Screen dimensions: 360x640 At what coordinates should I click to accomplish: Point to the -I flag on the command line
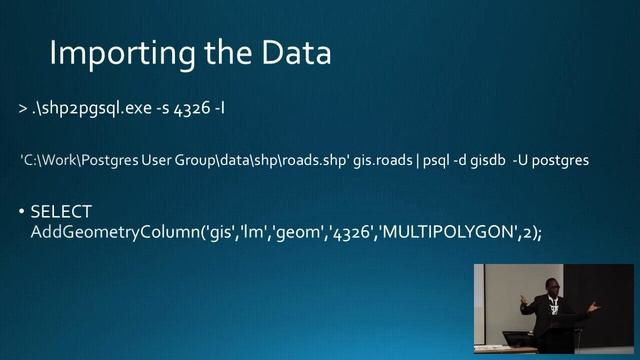(x=215, y=106)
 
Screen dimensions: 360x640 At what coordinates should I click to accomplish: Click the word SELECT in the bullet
(x=61, y=212)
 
